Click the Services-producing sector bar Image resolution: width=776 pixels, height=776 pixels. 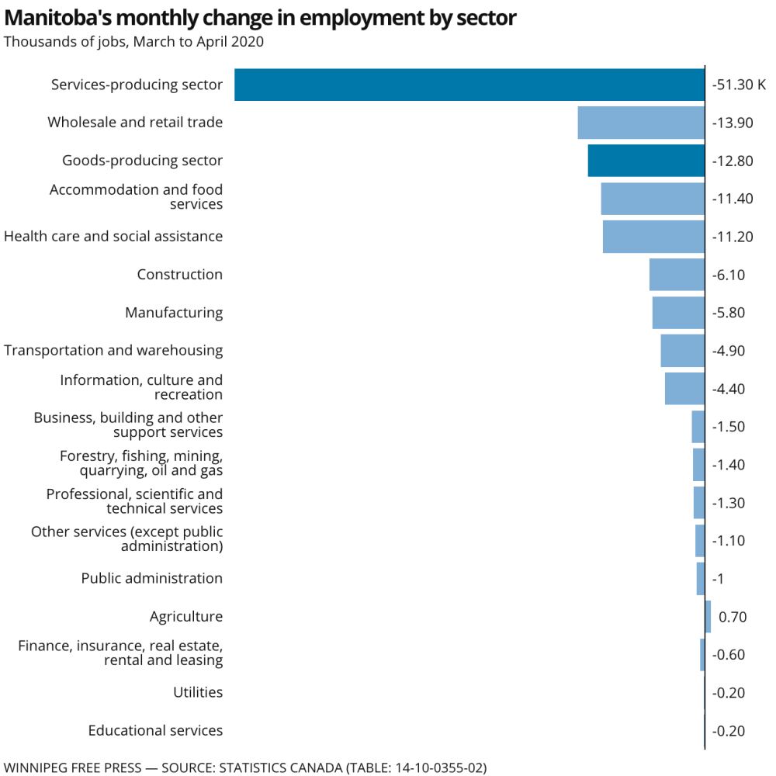[469, 85]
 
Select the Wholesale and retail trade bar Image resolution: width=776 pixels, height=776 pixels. [641, 123]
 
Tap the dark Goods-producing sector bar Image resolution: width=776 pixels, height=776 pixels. [646, 161]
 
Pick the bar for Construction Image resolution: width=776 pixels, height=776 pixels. [677, 275]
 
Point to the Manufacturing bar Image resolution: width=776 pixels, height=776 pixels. [678, 313]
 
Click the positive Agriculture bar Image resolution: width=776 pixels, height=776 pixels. [708, 617]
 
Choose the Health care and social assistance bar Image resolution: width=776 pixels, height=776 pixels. [653, 237]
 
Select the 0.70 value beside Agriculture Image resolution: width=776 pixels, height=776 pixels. [733, 617]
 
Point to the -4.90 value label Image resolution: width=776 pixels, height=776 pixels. [729, 351]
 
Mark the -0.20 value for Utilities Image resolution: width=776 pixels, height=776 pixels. [729, 692]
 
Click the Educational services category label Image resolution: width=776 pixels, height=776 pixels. [155, 730]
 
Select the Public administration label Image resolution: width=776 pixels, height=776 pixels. [152, 578]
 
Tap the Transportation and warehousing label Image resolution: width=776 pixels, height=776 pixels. [113, 351]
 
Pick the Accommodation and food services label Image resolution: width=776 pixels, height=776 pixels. [137, 197]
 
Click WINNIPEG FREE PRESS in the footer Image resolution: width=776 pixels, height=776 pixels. [75, 767]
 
